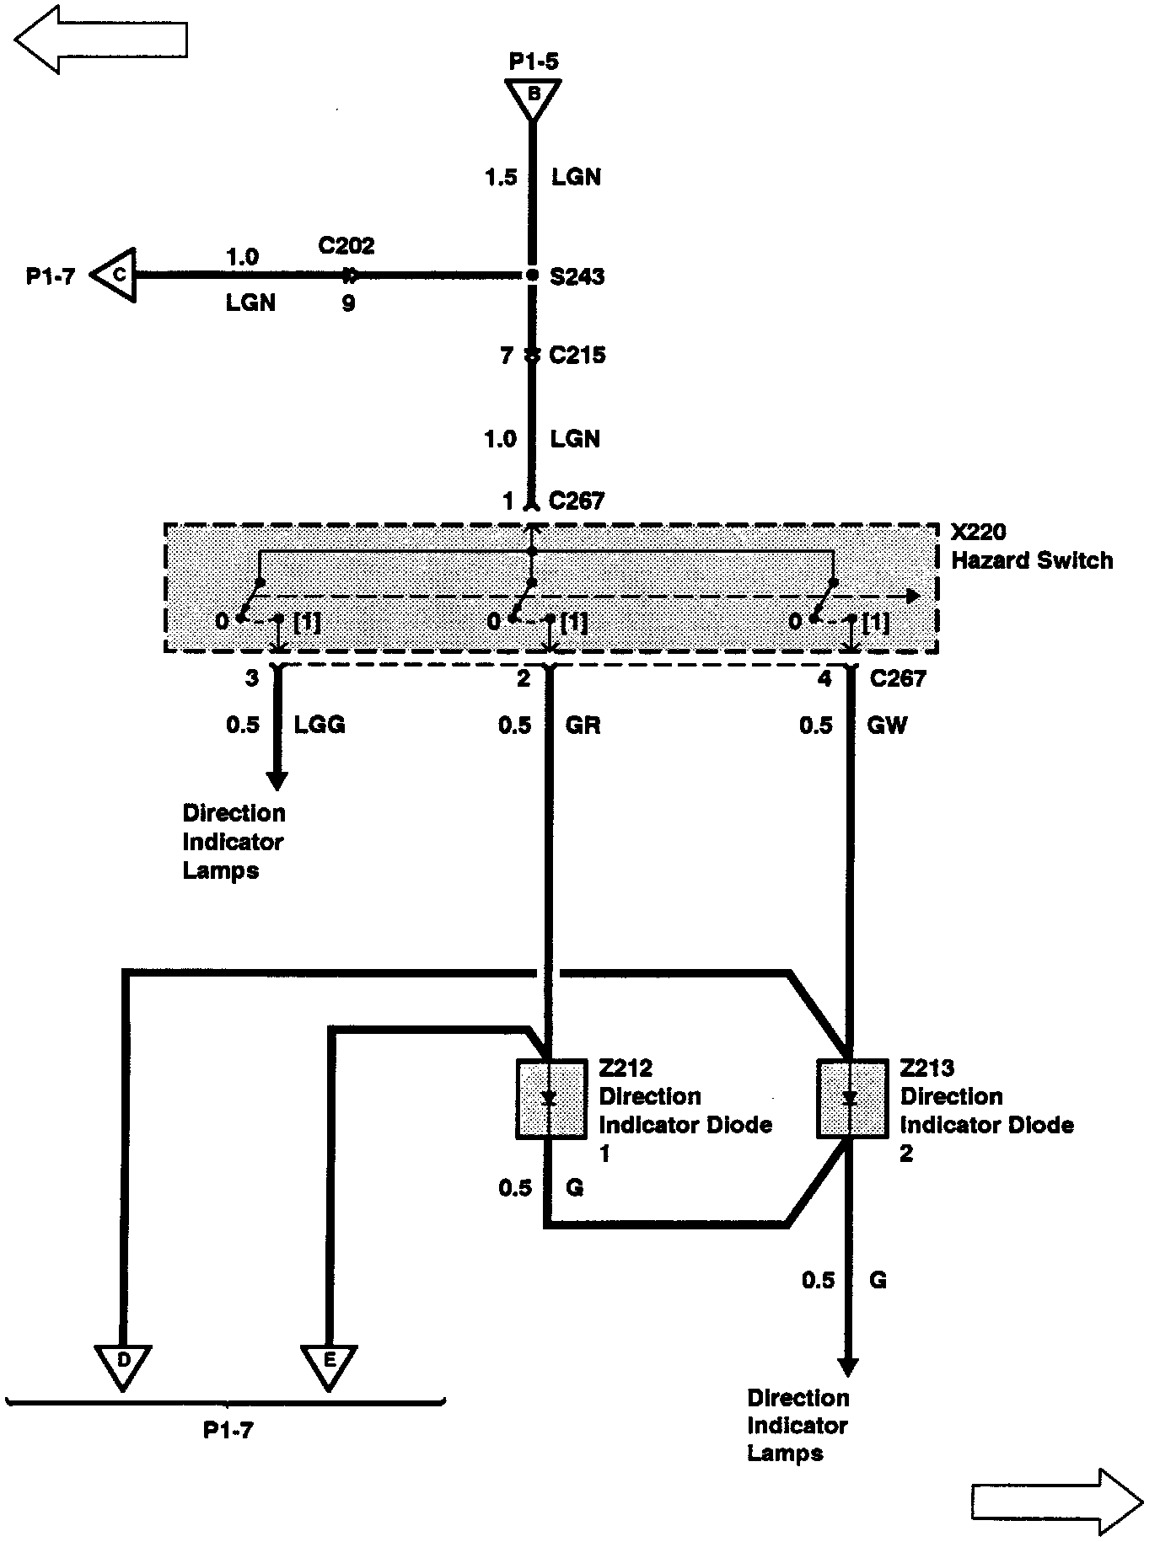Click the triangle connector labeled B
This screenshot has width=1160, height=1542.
(533, 98)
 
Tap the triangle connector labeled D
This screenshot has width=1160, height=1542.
(123, 1364)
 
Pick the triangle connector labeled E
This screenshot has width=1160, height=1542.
(329, 1364)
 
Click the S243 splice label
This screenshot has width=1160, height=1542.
(577, 276)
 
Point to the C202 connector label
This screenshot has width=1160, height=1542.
(346, 246)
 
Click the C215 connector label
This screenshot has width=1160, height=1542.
(577, 356)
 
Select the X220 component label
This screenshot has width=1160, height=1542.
(978, 533)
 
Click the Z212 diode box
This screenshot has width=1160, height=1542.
(550, 1099)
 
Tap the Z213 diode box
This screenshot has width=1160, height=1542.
(851, 1099)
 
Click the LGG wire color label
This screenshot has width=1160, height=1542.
(320, 725)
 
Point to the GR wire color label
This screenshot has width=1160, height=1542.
(583, 725)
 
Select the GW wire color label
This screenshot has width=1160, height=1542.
(887, 725)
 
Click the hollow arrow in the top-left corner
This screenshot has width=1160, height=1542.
(101, 40)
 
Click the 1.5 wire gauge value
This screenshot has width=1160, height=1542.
(501, 177)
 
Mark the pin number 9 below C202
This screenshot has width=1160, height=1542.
(348, 303)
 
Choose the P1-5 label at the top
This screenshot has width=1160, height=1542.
(534, 62)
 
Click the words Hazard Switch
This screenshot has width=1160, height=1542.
(1032, 560)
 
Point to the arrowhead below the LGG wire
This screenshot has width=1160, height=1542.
(277, 779)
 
